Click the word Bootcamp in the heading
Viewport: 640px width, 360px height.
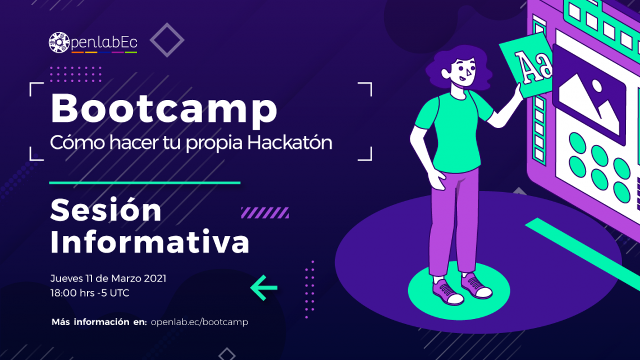(164, 109)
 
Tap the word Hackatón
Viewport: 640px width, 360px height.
(289, 143)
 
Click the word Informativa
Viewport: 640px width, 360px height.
(150, 242)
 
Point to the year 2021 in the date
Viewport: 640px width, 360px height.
(155, 279)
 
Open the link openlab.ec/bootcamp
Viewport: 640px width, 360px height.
(199, 322)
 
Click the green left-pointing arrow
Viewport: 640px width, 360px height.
(264, 288)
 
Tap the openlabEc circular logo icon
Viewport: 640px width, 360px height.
(59, 43)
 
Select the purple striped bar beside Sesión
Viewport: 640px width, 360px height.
(265, 213)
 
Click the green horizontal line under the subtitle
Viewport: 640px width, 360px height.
(144, 183)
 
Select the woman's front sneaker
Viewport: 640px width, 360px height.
(447, 292)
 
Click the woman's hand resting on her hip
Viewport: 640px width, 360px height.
(437, 180)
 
